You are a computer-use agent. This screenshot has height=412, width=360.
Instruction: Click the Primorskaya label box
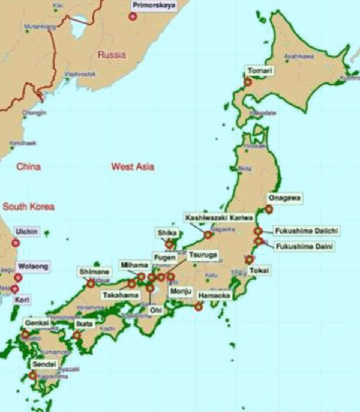coord(153,4)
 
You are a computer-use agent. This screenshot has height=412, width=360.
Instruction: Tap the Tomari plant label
coord(258,71)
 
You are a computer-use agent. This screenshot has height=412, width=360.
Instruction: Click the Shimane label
coord(94,271)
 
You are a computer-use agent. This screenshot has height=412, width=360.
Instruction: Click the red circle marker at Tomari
coord(248,82)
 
